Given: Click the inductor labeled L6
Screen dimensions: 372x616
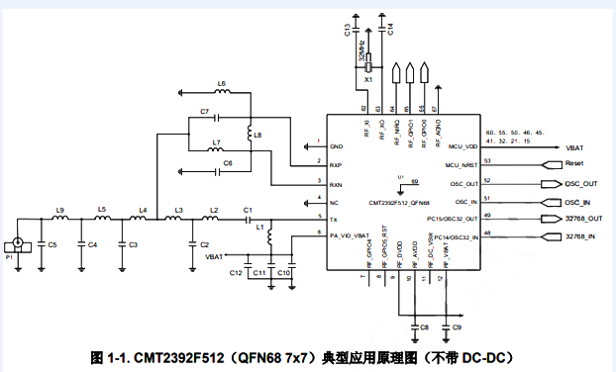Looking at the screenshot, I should click(222, 94).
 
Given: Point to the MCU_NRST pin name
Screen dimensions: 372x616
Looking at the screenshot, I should click(462, 163).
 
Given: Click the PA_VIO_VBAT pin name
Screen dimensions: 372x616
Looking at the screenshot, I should click(348, 235).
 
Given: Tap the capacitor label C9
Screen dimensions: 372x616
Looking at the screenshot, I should click(458, 326).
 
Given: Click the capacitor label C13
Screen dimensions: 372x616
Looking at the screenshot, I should click(348, 31).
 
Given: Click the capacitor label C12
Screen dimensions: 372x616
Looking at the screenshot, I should click(236, 271).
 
